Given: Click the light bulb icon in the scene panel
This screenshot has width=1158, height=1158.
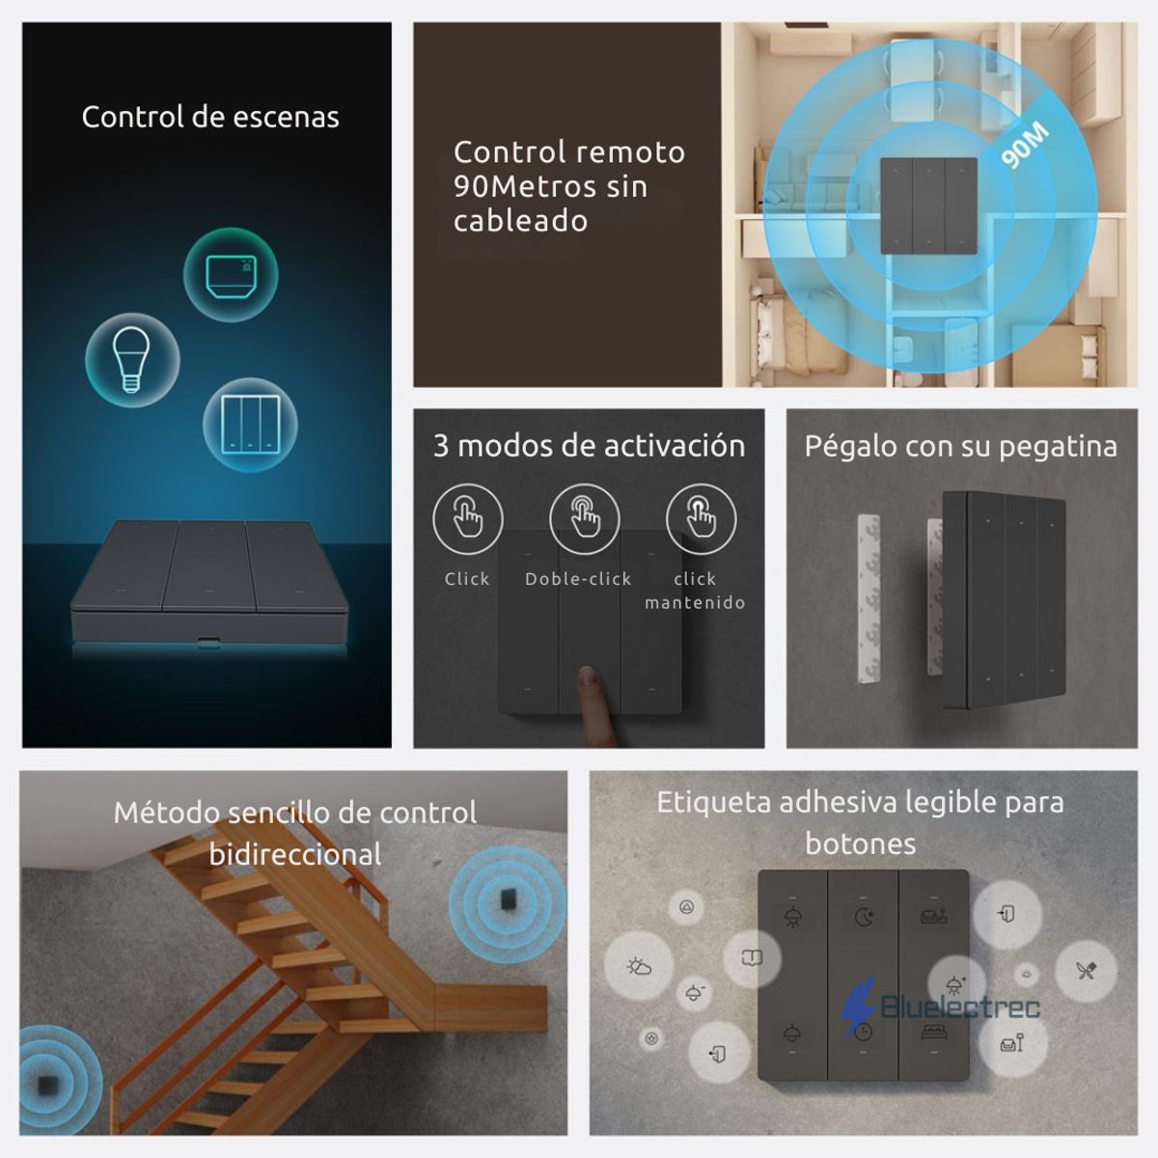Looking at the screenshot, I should [132, 358].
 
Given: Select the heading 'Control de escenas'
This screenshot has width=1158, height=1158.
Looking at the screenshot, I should [210, 117].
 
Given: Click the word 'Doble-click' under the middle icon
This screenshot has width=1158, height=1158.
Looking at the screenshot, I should [578, 579].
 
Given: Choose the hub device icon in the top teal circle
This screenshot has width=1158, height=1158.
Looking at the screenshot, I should [231, 275].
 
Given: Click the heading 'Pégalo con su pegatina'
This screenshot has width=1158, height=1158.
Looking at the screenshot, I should [960, 446].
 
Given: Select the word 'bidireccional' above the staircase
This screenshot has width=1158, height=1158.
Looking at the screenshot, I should [295, 854].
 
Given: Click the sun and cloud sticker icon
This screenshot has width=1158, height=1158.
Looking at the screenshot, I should [639, 966].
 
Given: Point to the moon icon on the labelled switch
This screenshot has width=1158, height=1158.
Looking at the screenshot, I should [863, 917].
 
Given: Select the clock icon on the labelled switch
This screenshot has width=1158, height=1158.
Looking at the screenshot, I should [863, 1031].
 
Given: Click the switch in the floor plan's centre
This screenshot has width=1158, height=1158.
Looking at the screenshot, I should [928, 207].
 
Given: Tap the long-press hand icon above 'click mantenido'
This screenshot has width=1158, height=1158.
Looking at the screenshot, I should [701, 519].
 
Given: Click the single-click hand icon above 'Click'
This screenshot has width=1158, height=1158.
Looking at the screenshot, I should [468, 519].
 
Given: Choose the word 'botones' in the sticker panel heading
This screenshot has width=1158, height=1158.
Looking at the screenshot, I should [860, 843].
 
